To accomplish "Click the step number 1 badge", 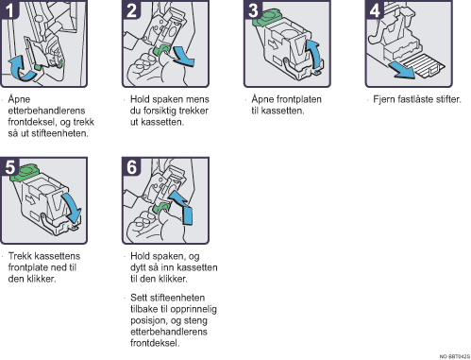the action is coord(9,9).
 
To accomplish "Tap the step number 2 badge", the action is coord(131,9).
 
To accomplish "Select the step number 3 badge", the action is coord(253,9).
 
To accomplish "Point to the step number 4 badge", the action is coord(375,9).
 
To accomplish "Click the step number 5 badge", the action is coord(9,166).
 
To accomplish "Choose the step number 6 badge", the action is coord(131,166).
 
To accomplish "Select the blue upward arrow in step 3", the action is coord(314,53).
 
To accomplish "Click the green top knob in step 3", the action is coord(267,17).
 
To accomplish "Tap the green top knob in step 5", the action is coord(24,173).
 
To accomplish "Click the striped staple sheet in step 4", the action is coord(424,65).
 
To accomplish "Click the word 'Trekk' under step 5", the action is coord(20,256).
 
